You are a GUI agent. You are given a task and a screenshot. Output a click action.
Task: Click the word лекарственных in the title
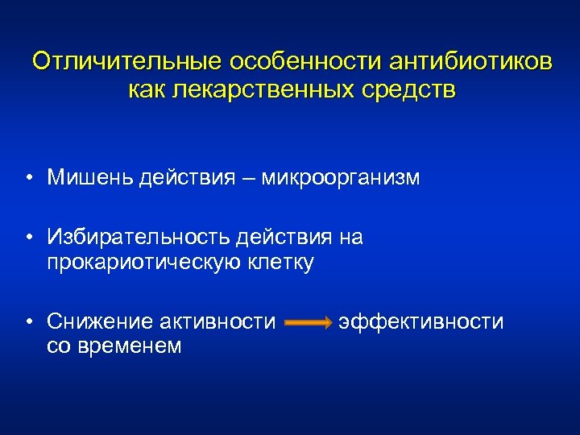262,89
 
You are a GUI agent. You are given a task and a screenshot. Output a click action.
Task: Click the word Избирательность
139,237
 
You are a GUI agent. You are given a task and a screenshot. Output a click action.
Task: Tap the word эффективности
420,322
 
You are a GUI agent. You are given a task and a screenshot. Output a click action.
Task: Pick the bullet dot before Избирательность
28,238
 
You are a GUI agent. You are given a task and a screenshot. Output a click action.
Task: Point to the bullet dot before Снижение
28,323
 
